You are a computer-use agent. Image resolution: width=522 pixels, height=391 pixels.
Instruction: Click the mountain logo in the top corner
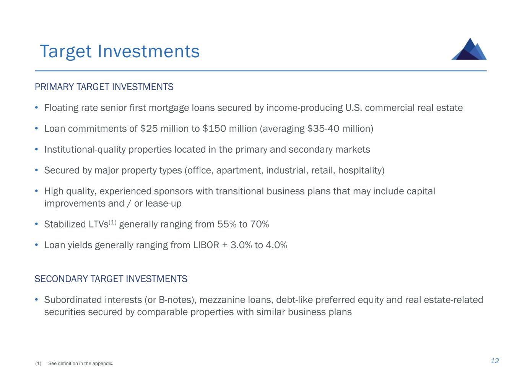pos(469,49)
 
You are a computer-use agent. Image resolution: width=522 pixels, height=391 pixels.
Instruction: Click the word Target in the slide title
pos(66,51)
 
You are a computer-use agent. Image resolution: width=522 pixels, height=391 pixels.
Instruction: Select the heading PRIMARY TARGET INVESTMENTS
pos(104,87)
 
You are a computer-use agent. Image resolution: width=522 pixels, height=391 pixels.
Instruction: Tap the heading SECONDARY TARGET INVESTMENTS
pos(111,279)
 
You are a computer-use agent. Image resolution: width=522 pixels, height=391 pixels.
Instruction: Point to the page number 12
pos(494,361)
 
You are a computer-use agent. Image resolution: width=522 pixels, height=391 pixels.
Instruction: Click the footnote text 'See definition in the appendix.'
pos(81,364)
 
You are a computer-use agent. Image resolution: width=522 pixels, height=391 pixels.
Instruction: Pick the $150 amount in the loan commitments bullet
pos(214,129)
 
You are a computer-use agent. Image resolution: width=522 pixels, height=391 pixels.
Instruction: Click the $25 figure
pos(149,129)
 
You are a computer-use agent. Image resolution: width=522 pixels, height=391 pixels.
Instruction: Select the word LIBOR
pos(206,245)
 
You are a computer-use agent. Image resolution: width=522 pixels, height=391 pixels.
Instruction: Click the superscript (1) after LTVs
pos(112,222)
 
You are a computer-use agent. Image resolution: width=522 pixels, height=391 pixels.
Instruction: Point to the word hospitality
pos(360,170)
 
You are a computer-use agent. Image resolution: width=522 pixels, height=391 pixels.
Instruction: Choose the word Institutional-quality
pos(85,150)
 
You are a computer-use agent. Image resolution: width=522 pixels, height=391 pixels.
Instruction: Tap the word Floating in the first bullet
pos(61,108)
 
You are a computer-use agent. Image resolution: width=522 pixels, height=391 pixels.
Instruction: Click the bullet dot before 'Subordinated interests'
pos(36,299)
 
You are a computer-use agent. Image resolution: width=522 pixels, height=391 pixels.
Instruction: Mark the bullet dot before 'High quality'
pos(36,191)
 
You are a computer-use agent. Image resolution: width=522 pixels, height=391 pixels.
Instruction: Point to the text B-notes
pos(175,300)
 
